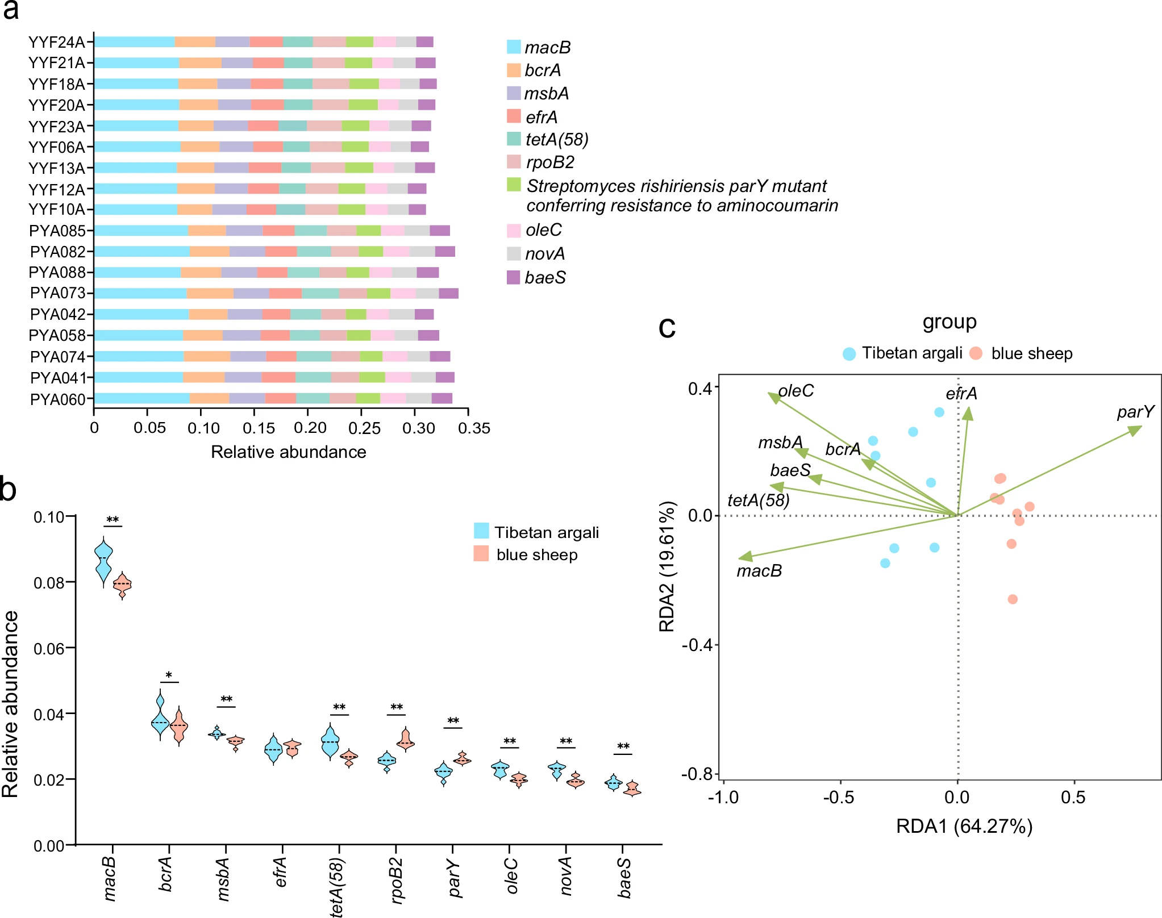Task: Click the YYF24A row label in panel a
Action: pos(56,43)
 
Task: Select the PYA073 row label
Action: pos(57,293)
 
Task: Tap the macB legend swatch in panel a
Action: pos(514,47)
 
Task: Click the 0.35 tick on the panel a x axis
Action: pos(474,428)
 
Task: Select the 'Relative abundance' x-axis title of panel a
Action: pos(288,452)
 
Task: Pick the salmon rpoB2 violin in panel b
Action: pos(405,740)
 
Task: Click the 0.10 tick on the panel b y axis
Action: pos(49,518)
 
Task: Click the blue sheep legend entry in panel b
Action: pos(536,555)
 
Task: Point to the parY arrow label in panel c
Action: pos(1135,412)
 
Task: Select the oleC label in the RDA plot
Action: pos(796,391)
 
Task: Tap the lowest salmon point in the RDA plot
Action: pos(1013,599)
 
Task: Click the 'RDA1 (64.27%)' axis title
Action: pos(964,826)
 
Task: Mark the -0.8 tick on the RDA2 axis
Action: pos(700,774)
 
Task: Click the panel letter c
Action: pos(667,328)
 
